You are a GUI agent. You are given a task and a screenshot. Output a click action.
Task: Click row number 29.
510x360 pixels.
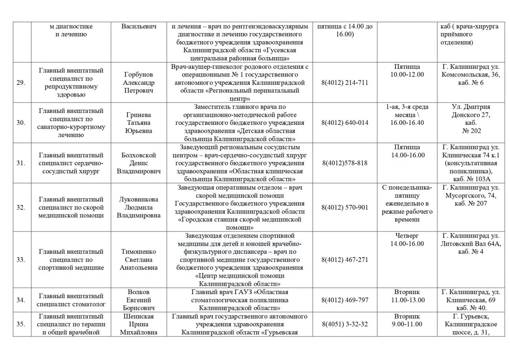[x=21, y=83]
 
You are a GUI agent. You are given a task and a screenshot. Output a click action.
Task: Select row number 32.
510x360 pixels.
[x=21, y=207]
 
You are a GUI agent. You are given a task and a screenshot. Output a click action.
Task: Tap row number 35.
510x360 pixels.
[x=21, y=324]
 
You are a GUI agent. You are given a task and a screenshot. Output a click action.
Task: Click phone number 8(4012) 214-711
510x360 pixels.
[x=345, y=83]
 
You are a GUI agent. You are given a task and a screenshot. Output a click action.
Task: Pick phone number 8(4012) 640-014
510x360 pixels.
[x=345, y=123]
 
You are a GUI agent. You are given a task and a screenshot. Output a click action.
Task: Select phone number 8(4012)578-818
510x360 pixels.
[x=345, y=163]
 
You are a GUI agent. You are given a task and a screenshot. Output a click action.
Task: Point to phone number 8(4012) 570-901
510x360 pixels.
[x=345, y=207]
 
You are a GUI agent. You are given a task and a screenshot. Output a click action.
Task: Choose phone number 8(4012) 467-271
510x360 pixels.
[x=345, y=260]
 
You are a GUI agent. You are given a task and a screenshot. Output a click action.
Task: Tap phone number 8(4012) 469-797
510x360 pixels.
[x=345, y=300]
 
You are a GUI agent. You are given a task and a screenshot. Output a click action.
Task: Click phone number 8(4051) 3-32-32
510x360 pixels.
[x=345, y=324]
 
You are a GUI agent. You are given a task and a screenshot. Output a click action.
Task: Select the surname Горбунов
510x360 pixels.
[x=138, y=75]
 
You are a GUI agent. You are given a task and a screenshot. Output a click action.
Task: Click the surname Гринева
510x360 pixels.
[x=138, y=115]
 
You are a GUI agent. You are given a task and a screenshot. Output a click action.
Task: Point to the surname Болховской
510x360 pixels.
[x=138, y=155]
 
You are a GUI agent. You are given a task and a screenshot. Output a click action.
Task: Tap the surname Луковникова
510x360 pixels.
[x=138, y=199]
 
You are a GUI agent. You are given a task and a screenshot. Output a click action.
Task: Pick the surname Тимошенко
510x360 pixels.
[x=138, y=252]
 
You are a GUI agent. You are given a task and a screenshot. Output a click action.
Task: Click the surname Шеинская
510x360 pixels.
[x=138, y=316]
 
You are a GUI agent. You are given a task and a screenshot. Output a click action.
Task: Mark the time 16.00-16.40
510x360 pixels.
[x=407, y=123]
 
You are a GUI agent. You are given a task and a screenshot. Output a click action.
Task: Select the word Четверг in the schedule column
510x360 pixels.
[x=407, y=236]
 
